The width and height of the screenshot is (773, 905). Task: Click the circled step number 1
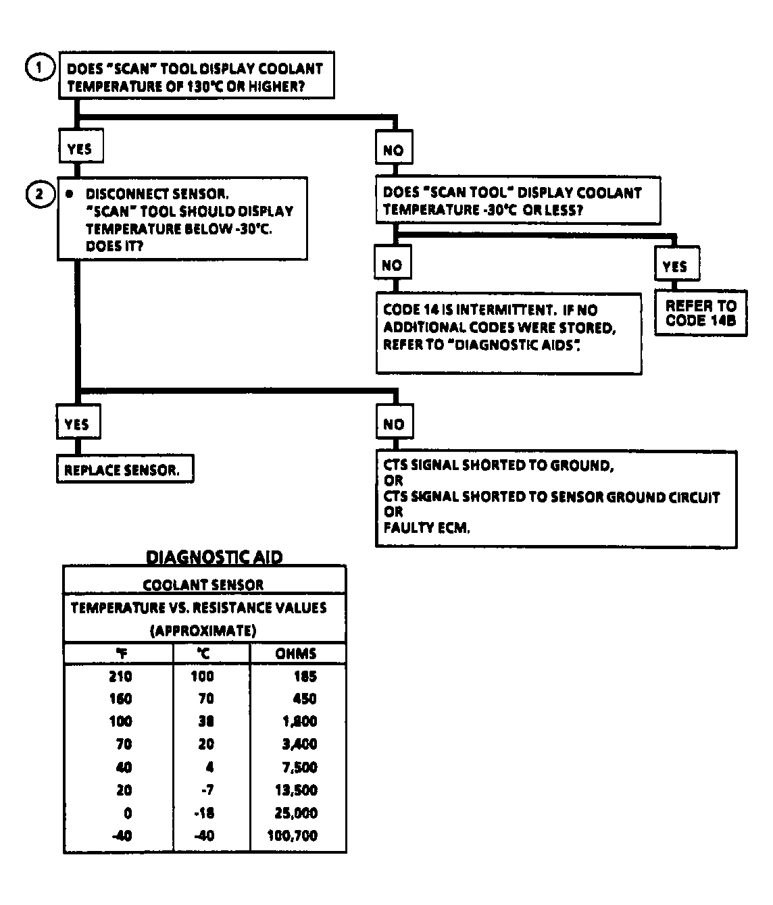click(39, 68)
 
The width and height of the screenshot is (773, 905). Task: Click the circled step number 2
click(39, 194)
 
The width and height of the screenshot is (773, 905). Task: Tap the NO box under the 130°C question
click(393, 150)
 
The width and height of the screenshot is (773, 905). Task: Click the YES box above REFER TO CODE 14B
click(675, 266)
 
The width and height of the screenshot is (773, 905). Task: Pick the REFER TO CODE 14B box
click(700, 314)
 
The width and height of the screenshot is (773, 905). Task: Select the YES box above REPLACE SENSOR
click(77, 424)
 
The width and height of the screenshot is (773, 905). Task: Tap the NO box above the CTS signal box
click(394, 424)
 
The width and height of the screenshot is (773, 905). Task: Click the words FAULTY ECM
click(426, 528)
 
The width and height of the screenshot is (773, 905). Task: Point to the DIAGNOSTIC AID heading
click(214, 557)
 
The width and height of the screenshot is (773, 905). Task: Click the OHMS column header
click(296, 654)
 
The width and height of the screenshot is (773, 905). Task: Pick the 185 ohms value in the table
click(305, 676)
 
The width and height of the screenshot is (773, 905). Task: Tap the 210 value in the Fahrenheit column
click(121, 676)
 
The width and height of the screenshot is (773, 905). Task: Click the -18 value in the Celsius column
click(203, 812)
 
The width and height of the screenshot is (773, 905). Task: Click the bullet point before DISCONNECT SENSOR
click(69, 194)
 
